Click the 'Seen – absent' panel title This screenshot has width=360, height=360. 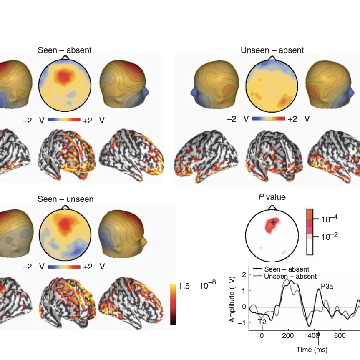pyautogui.click(x=64, y=50)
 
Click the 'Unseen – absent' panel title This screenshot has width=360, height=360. pyautogui.click(x=272, y=50)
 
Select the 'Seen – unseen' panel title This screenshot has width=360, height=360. pyautogui.click(x=65, y=199)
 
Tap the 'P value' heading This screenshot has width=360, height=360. pyautogui.click(x=272, y=197)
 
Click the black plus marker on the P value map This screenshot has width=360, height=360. pyautogui.click(x=273, y=222)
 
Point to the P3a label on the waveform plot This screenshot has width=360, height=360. pyautogui.click(x=327, y=287)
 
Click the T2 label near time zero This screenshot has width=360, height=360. pyautogui.click(x=262, y=322)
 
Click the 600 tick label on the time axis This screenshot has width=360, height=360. pyautogui.click(x=340, y=336)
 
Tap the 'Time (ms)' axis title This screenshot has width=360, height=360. pyautogui.click(x=312, y=350)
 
